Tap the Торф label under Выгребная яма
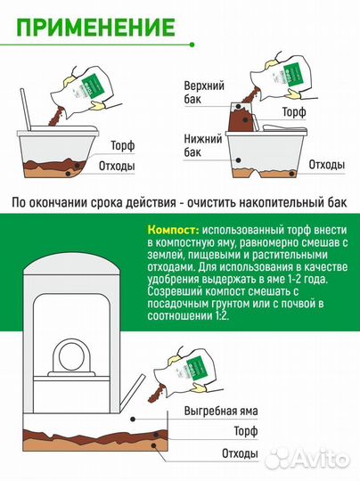[x=243, y=432]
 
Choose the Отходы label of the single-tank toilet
[x=116, y=167]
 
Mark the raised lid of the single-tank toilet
[x=29, y=117]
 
